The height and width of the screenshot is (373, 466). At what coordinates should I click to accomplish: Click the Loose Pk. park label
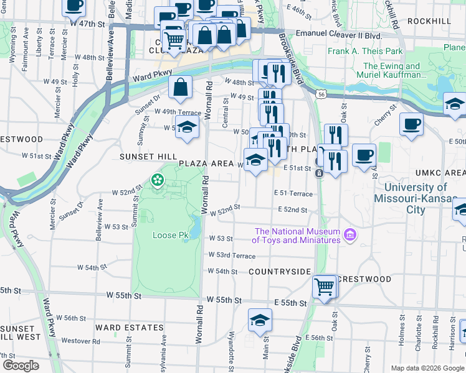click(171, 236)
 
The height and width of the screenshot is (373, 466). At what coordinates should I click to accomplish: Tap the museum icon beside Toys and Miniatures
click(351, 235)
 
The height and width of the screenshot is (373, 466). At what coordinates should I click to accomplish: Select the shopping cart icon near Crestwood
click(325, 287)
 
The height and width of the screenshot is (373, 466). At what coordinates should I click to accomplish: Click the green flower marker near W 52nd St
click(157, 180)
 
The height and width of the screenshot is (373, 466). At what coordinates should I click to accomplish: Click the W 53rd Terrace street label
click(232, 256)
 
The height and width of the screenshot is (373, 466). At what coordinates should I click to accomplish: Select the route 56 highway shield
click(320, 93)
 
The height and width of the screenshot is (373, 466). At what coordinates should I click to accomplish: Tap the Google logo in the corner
click(21, 366)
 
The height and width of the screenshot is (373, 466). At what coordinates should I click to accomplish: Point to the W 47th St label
click(86, 23)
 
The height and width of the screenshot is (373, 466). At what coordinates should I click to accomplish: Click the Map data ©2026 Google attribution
click(427, 368)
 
